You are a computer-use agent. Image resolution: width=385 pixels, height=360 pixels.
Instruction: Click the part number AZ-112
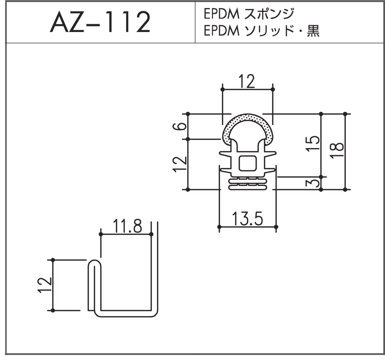[x=100, y=22]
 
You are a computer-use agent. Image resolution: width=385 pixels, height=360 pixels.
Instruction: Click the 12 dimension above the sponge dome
[x=247, y=82]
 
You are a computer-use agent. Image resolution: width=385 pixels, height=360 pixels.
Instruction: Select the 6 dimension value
[x=180, y=127]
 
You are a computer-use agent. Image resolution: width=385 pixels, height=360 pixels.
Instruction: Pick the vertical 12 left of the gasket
[x=180, y=164]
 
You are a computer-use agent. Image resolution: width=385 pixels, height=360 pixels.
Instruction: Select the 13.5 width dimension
[x=247, y=218]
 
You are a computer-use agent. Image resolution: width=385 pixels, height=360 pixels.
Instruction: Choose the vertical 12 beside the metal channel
[x=46, y=285]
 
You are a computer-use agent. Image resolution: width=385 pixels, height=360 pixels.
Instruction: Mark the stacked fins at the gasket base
[x=247, y=184]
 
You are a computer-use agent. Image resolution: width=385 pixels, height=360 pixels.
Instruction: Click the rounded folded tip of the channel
[x=94, y=264]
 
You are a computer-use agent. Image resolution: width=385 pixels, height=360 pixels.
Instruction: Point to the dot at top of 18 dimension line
[x=345, y=114]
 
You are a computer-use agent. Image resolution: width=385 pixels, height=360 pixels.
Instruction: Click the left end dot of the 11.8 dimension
[x=101, y=234]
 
